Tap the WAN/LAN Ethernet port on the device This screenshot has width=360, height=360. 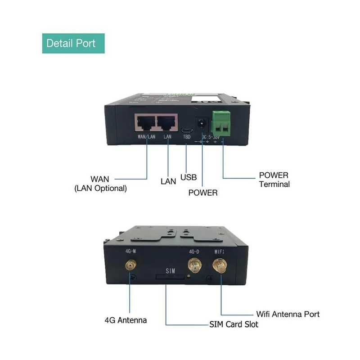click(145, 122)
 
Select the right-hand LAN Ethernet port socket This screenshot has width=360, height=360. click(166, 122)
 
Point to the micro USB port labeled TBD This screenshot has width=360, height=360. click(187, 130)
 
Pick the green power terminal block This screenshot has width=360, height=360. click(222, 122)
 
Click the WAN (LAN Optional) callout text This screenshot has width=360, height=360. click(100, 184)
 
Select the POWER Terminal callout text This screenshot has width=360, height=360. click(274, 179)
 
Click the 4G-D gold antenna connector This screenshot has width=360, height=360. click(195, 266)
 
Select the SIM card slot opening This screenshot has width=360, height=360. click(170, 278)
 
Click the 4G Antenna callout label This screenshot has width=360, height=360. click(126, 320)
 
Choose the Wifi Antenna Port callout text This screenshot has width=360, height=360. click(288, 314)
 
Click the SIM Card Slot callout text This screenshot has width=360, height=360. click(234, 324)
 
